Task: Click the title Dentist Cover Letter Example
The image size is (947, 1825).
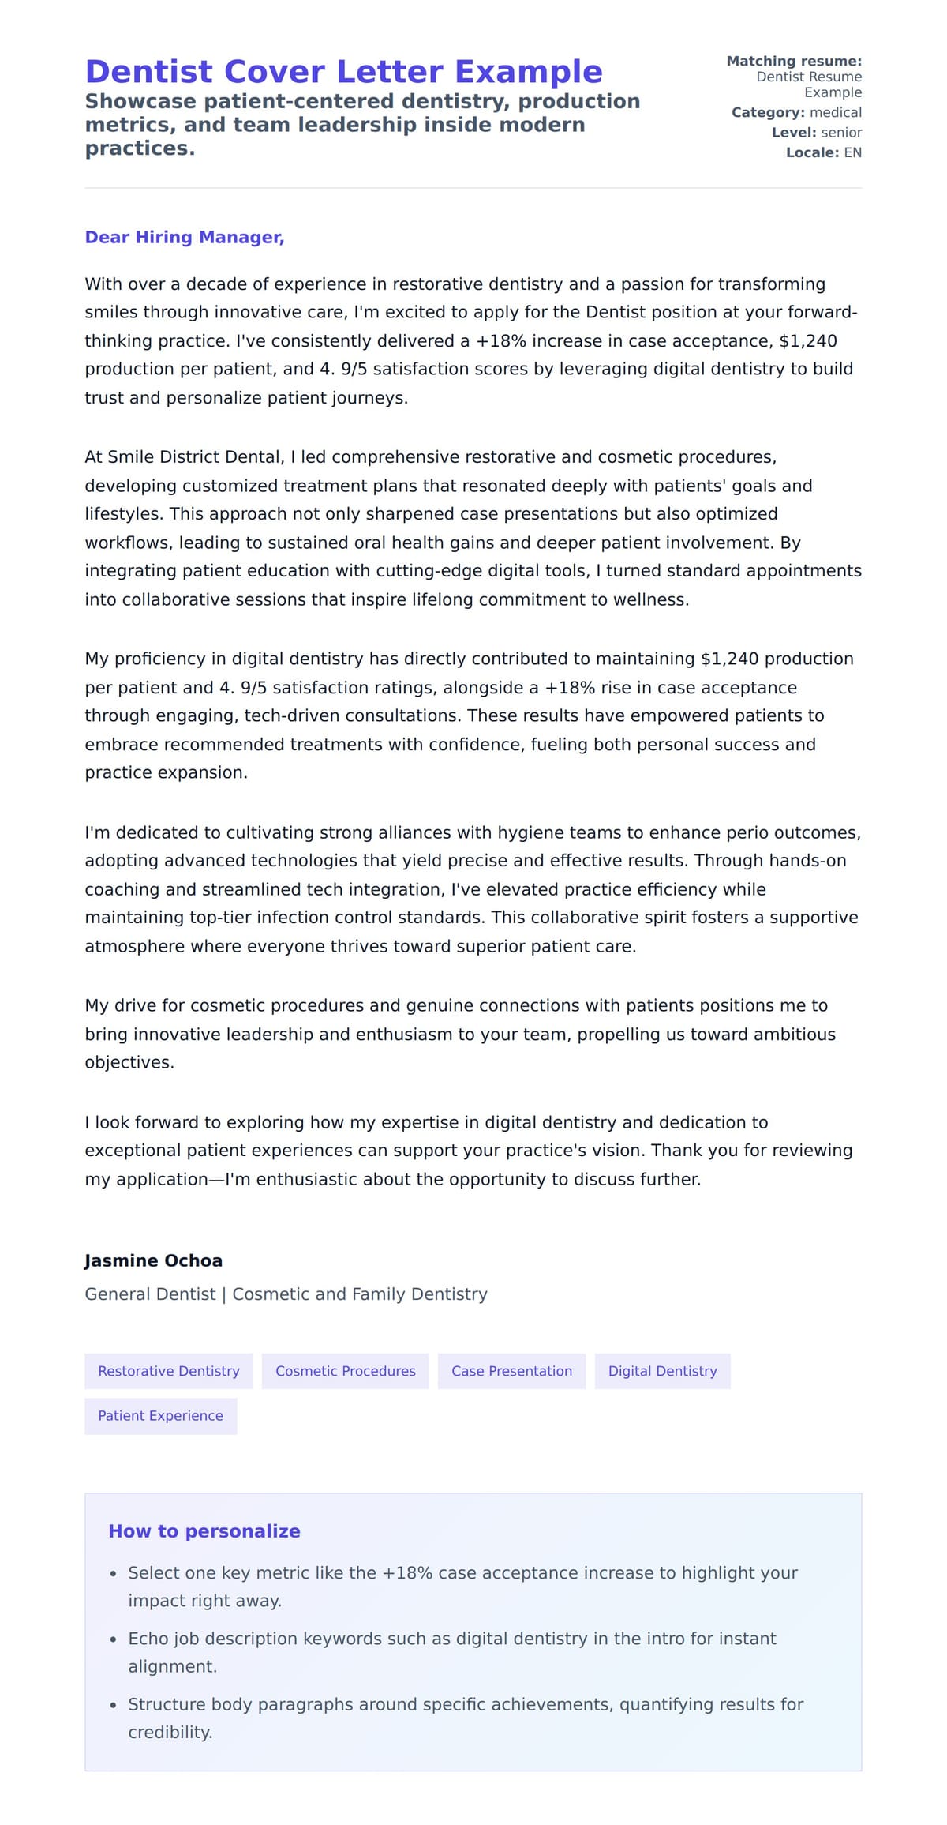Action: [x=343, y=72]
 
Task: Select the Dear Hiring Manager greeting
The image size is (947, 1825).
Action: [x=184, y=238]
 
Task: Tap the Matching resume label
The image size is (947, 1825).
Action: [x=793, y=62]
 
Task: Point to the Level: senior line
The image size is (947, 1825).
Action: [x=816, y=133]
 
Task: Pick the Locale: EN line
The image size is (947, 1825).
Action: [x=823, y=152]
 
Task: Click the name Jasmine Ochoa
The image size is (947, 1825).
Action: [x=153, y=1260]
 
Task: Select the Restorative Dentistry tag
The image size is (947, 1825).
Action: [x=168, y=1371]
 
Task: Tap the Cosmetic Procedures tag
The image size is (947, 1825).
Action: [x=345, y=1371]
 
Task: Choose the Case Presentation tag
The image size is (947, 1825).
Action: [x=511, y=1371]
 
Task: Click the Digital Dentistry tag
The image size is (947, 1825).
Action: [x=662, y=1371]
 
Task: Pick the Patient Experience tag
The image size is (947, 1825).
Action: [x=160, y=1416]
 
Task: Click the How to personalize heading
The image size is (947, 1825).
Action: [x=204, y=1531]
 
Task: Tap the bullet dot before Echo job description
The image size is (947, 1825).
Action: [x=114, y=1640]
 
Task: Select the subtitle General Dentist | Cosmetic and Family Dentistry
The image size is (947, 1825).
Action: [x=286, y=1294]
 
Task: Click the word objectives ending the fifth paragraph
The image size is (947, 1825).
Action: [x=129, y=1063]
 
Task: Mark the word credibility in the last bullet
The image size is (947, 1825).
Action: [x=170, y=1733]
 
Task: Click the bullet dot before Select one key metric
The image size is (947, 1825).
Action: [x=114, y=1574]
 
